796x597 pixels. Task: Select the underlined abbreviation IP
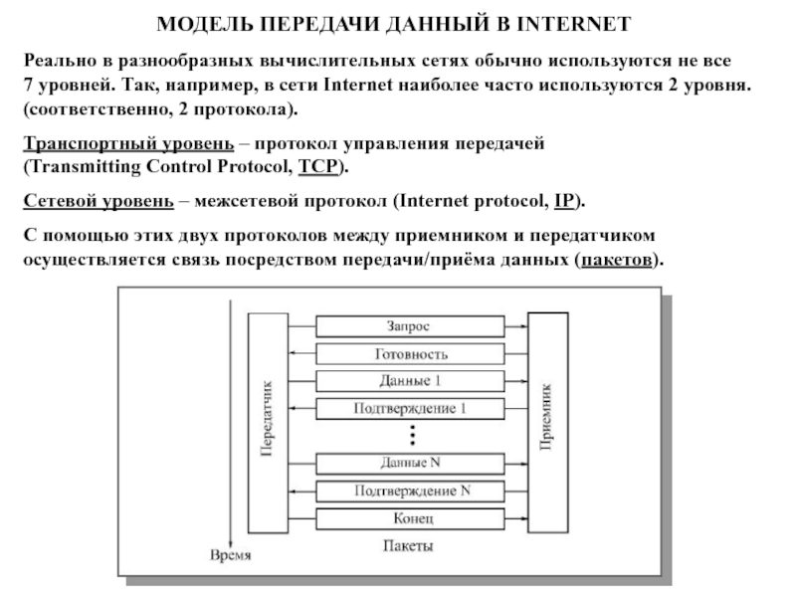[562, 202]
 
